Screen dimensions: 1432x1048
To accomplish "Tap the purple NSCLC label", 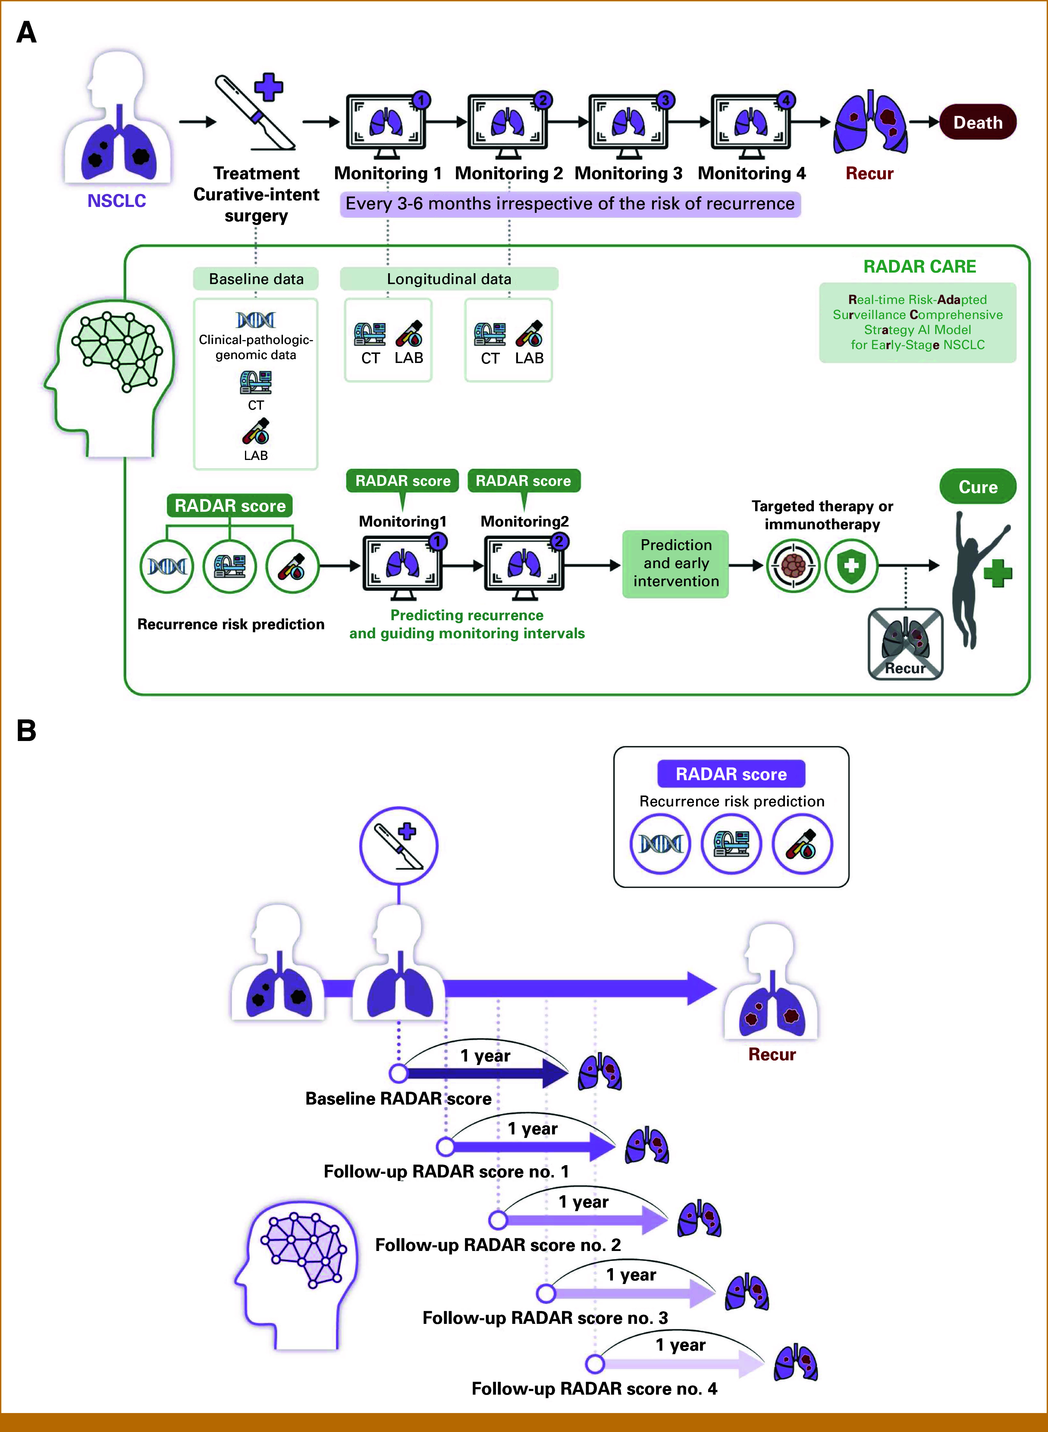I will click(117, 201).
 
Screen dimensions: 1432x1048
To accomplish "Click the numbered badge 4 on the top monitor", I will click(786, 100).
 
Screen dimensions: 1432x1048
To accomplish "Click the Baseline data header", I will click(256, 279).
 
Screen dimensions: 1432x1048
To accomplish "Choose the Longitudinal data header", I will click(449, 279).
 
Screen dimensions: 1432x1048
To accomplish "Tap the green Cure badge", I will click(977, 487).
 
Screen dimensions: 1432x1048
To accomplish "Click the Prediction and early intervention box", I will click(676, 563).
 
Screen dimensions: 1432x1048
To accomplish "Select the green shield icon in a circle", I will click(851, 565).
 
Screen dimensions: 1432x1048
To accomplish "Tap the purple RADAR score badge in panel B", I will click(731, 774).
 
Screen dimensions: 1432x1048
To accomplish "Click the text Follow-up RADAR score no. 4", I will click(595, 1389).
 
